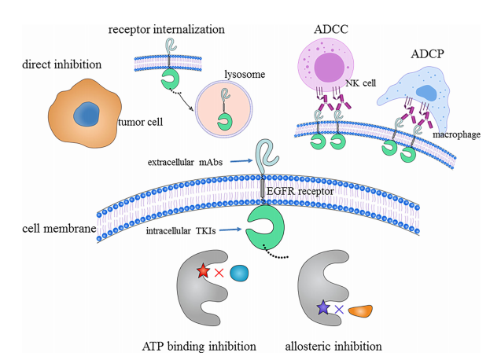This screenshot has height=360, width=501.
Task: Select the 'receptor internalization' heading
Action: click(x=167, y=29)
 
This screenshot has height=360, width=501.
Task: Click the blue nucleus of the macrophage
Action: click(x=426, y=94)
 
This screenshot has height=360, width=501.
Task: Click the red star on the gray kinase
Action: click(x=203, y=271)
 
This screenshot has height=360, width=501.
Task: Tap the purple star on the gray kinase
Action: click(x=322, y=308)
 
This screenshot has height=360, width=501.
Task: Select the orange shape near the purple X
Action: click(x=361, y=311)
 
